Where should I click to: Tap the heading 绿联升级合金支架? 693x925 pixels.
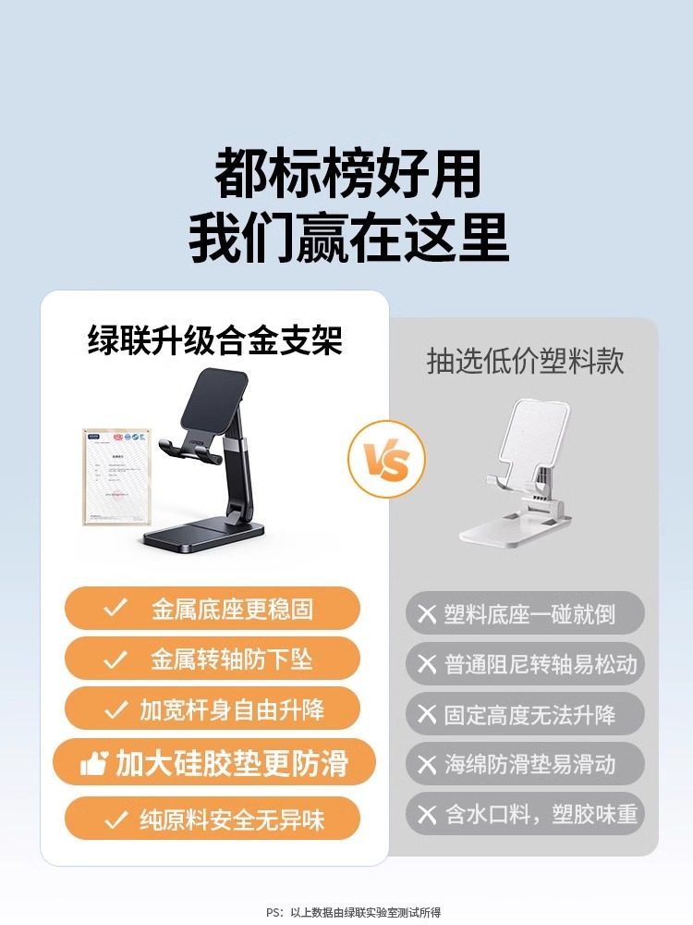tap(214, 340)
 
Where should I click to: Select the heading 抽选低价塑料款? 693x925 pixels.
tap(525, 361)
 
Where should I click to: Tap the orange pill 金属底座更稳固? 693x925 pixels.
tap(212, 609)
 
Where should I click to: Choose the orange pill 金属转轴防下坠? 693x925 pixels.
tap(212, 660)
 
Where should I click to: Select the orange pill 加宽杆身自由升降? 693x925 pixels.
tap(212, 709)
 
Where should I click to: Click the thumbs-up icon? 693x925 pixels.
tap(94, 763)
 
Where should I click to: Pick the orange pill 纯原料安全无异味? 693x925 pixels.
tap(212, 819)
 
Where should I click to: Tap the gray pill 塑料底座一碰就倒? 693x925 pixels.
tap(525, 613)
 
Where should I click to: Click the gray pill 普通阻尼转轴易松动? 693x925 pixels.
tap(525, 664)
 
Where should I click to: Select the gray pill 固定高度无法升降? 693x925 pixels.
tap(525, 714)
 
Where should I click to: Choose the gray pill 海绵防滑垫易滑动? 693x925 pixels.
tap(525, 764)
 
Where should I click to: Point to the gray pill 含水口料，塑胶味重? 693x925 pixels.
tap(525, 814)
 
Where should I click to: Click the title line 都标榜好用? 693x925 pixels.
tap(347, 173)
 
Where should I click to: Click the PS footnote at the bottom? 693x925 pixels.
tap(354, 912)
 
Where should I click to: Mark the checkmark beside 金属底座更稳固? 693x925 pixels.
tap(115, 609)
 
